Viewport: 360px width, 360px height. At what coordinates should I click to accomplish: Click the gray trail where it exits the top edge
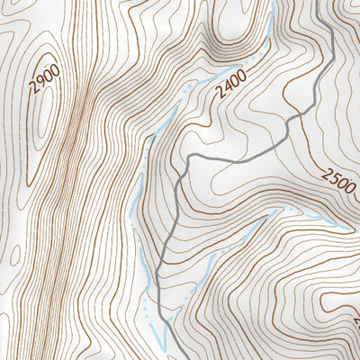(325, 3)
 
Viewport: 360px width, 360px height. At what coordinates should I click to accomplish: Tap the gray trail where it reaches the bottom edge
(167, 357)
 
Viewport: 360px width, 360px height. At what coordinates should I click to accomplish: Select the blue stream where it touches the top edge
(272, 3)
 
